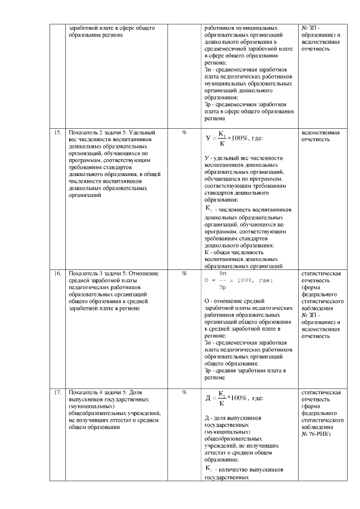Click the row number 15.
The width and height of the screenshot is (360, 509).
[x=57, y=133]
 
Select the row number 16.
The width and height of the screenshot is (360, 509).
[x=57, y=274]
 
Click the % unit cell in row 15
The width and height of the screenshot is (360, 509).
[x=184, y=133]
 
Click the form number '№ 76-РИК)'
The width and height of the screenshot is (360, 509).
[x=317, y=434]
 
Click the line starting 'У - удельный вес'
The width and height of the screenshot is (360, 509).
[x=243, y=159]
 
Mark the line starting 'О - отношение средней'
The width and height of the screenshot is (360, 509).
[x=240, y=301]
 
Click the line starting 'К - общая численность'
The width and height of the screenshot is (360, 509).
[x=234, y=253]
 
